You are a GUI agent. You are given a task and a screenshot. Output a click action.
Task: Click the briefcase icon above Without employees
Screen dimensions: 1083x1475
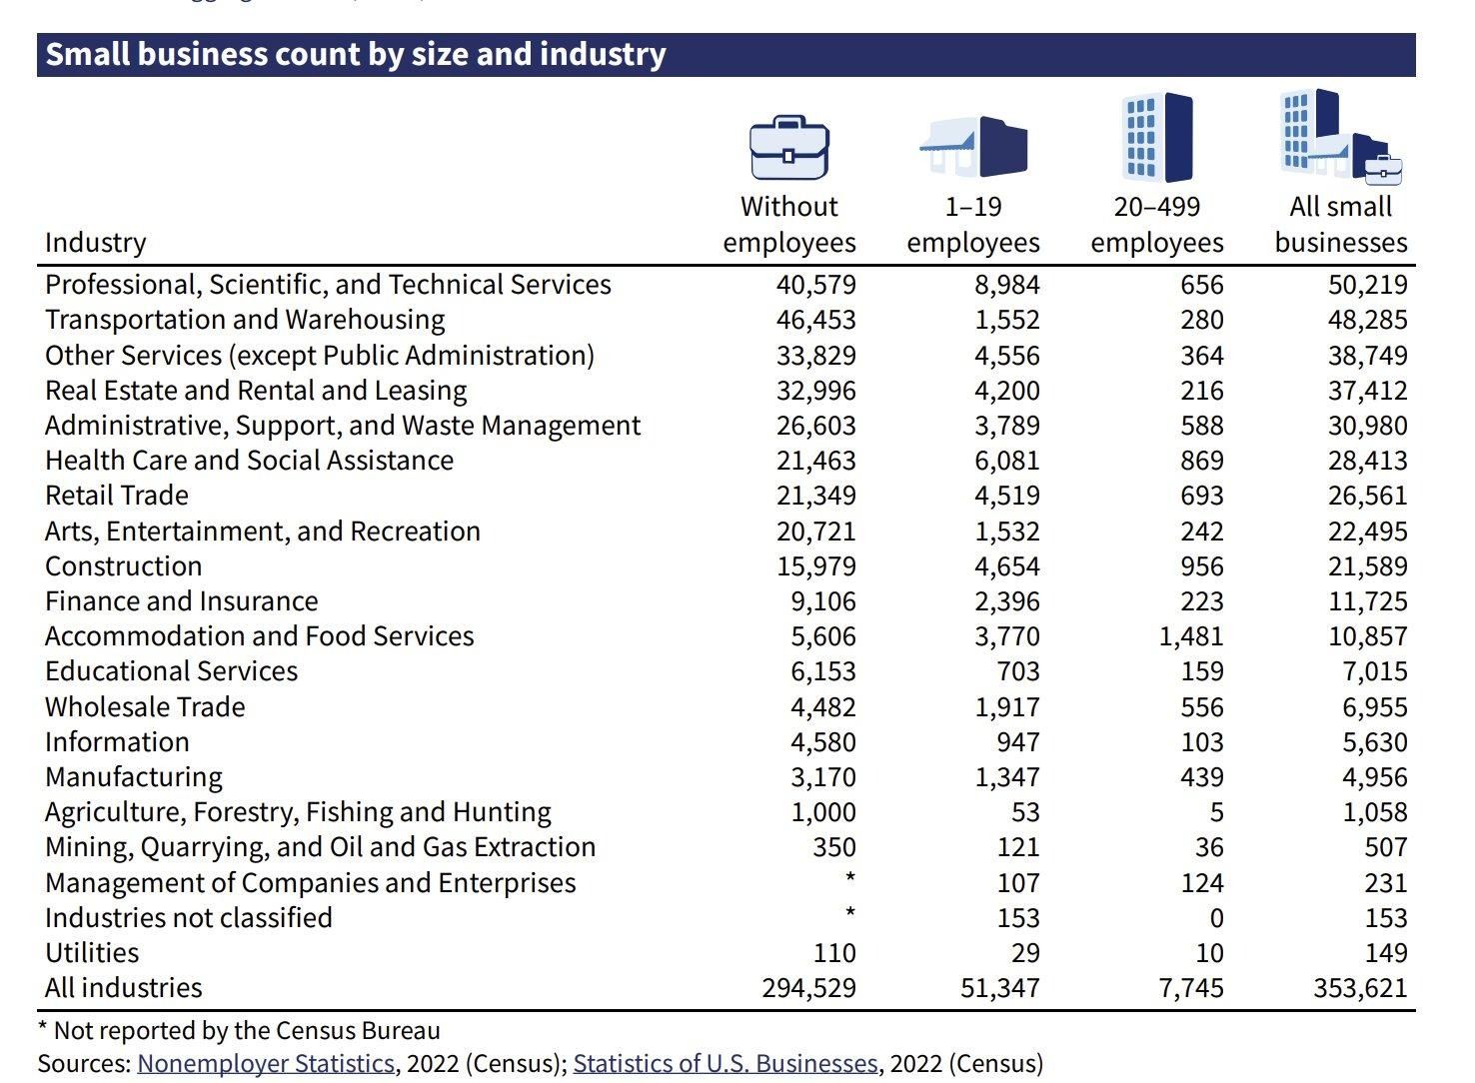pos(788,148)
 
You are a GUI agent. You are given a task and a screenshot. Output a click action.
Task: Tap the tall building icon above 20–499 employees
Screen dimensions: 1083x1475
pos(1157,138)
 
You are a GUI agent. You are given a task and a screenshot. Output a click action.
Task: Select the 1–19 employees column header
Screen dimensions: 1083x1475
pos(973,225)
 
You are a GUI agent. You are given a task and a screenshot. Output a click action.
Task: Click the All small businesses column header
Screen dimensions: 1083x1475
pos(1340,225)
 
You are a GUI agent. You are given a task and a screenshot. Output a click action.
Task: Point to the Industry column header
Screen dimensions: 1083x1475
pos(96,243)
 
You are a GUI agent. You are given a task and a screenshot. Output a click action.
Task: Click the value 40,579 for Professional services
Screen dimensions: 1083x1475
pos(815,285)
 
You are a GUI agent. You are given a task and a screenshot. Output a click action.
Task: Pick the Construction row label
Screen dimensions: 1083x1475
pos(124,566)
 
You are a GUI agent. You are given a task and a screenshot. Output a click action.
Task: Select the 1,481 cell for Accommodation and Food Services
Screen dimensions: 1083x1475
pos(1191,636)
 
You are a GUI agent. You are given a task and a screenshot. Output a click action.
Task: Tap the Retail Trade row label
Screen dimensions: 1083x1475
pos(117,496)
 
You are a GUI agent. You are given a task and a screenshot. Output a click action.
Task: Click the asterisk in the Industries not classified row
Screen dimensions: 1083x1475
pos(849,912)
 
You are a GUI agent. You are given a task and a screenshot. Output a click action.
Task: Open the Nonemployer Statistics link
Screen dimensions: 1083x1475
pos(266,1063)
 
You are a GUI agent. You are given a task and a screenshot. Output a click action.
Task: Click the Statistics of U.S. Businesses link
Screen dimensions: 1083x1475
pos(725,1063)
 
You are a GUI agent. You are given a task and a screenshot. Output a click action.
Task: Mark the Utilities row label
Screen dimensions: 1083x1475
pos(92,953)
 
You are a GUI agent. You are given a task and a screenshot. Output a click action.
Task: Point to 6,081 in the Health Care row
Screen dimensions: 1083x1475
pos(1006,461)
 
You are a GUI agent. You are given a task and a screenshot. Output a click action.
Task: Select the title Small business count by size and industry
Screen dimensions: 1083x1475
pos(356,54)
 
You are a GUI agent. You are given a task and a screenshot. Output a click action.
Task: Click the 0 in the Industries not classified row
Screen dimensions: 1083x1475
pos(1215,918)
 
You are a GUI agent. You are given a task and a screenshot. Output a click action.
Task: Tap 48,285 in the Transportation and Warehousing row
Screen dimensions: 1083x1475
pos(1367,320)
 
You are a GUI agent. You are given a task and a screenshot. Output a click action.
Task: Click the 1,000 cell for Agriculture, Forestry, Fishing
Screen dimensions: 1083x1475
pos(822,812)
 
